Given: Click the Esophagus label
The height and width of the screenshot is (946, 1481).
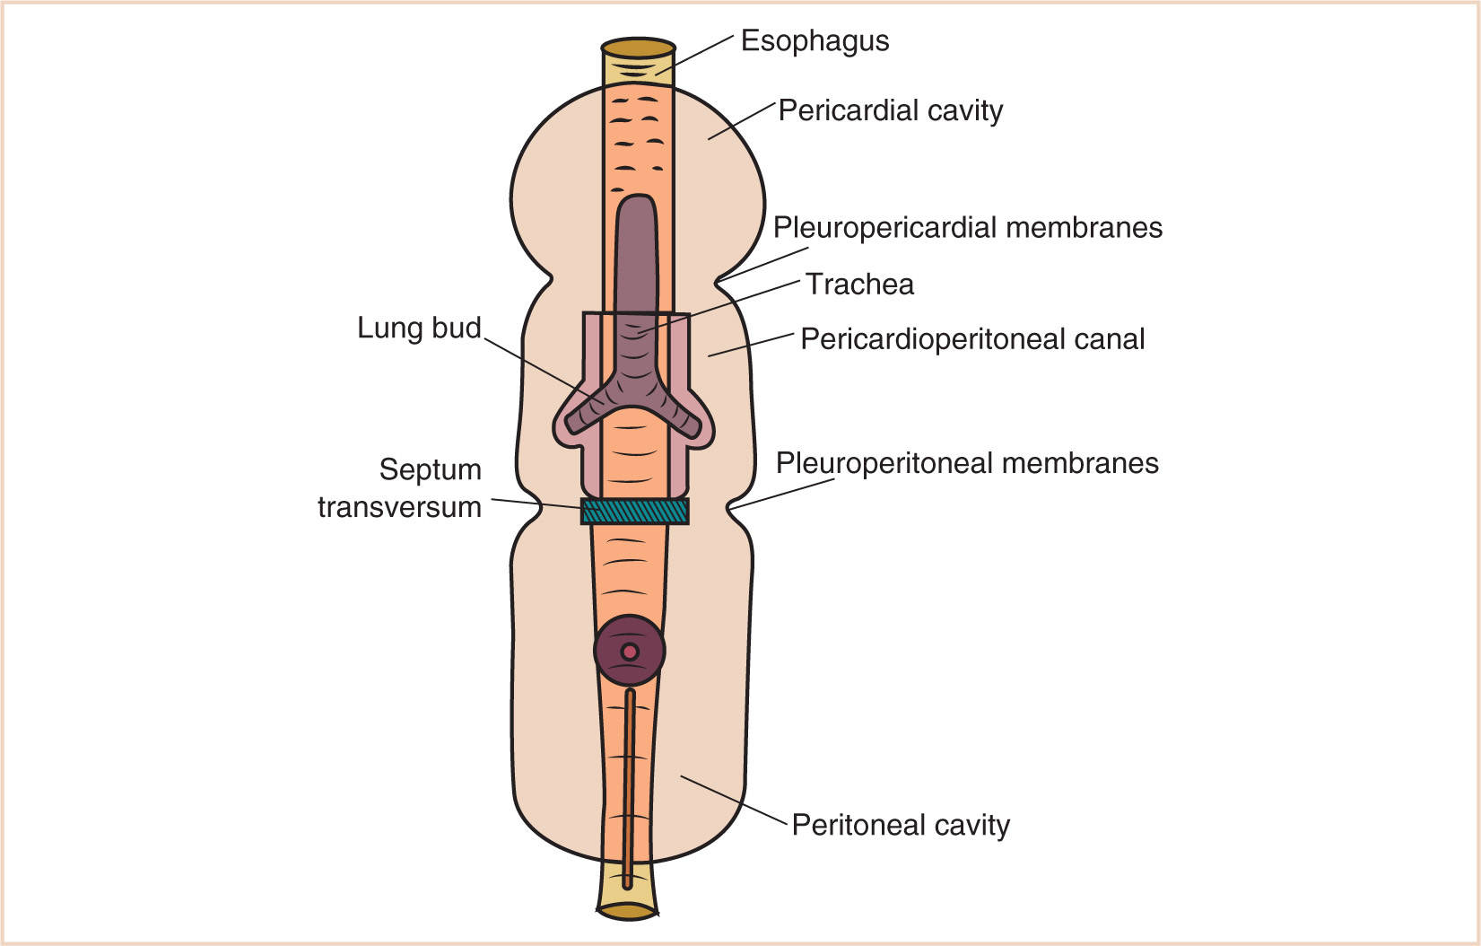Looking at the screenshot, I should click(815, 41).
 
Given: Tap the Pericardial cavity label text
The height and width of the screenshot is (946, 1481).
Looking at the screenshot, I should click(890, 110).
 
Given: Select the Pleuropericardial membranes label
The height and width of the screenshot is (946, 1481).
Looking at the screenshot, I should click(967, 227).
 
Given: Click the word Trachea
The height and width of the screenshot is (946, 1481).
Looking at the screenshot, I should click(859, 284).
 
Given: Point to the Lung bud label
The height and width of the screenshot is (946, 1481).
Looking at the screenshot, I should click(419, 328).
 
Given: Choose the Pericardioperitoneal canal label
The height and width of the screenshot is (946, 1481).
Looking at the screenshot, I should click(971, 339).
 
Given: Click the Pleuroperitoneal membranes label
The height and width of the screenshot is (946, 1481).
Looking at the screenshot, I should click(966, 463).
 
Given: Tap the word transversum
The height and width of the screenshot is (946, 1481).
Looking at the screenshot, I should click(399, 507).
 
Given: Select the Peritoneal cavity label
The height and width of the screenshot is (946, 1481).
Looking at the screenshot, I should click(900, 825).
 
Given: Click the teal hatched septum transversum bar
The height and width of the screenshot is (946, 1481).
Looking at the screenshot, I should click(634, 511).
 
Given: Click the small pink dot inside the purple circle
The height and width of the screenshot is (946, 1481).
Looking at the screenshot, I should click(630, 652).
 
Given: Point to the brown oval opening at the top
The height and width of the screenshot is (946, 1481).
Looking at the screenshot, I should click(638, 48).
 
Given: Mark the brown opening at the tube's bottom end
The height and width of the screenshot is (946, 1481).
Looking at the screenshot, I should click(627, 911).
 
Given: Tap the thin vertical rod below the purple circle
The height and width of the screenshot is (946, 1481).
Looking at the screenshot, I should click(629, 781).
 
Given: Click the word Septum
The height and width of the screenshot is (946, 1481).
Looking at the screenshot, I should click(430, 469).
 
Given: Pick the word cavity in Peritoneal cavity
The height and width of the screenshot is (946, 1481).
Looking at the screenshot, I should click(972, 825).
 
